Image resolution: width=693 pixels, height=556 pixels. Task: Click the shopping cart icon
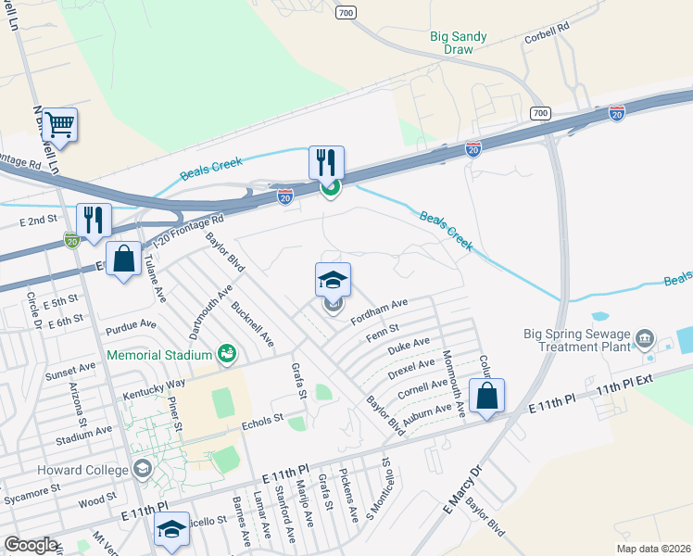coord(59,125)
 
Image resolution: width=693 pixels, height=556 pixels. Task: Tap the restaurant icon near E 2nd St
coord(94,221)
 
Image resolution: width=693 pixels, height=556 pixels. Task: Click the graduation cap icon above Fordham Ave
coord(334,280)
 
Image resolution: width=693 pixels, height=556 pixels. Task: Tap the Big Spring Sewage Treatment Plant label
coord(576,342)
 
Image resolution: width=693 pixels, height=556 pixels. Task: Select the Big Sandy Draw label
coord(459,44)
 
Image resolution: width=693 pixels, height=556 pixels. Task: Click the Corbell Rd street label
coord(546,32)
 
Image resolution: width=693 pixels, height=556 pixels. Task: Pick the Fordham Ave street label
coord(379,311)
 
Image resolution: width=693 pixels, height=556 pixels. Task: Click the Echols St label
coord(260,419)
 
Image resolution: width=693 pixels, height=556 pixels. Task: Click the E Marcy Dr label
coord(463,490)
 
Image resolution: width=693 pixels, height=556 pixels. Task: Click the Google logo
coord(31,545)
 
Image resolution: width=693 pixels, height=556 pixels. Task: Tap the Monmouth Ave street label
coord(459,383)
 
